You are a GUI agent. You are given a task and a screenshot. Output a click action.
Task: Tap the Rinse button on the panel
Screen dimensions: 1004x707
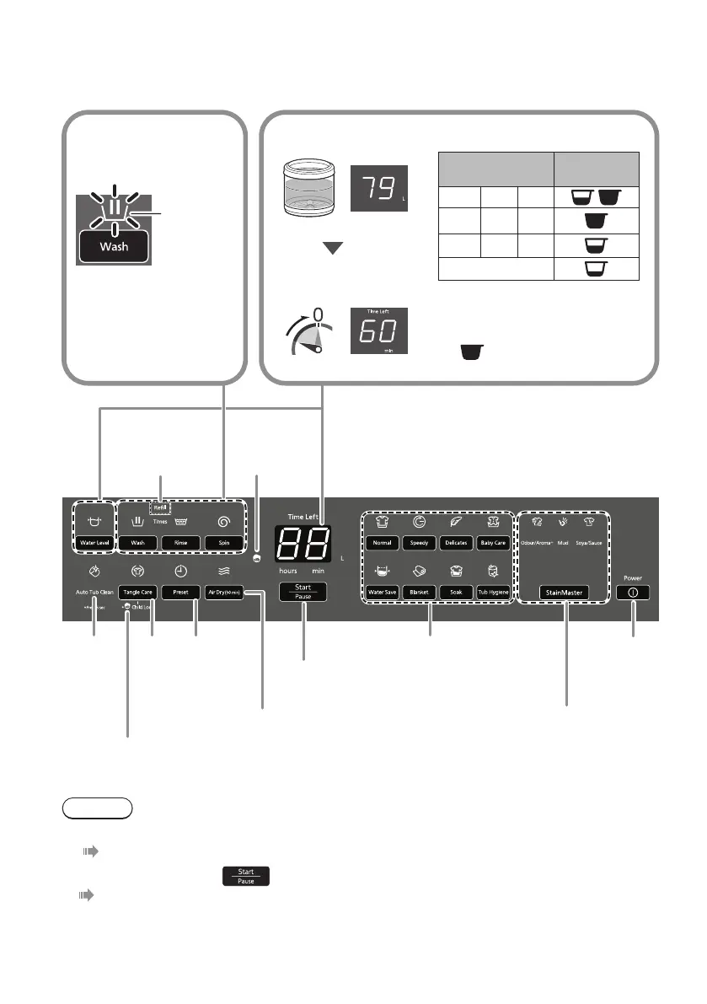tap(180, 543)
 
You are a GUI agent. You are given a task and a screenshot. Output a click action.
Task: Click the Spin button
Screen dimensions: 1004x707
tap(224, 543)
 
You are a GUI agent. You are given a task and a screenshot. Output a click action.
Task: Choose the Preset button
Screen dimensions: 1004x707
tap(179, 592)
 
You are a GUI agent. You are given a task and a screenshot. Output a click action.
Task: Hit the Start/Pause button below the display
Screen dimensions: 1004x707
tap(303, 590)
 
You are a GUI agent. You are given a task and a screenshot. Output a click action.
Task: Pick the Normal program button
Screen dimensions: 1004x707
tap(382, 543)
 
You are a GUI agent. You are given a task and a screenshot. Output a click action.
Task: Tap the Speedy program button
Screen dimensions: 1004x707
tap(419, 543)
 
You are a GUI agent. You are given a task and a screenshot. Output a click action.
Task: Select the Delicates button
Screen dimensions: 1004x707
tap(455, 543)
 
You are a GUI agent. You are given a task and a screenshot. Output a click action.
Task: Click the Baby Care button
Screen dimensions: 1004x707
tap(493, 543)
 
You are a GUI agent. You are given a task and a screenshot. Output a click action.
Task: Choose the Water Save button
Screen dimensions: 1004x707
tap(382, 593)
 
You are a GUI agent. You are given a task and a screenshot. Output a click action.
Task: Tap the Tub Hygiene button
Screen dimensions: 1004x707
tap(493, 593)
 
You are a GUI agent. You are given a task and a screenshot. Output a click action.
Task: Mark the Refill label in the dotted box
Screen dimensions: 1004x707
tap(160, 507)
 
